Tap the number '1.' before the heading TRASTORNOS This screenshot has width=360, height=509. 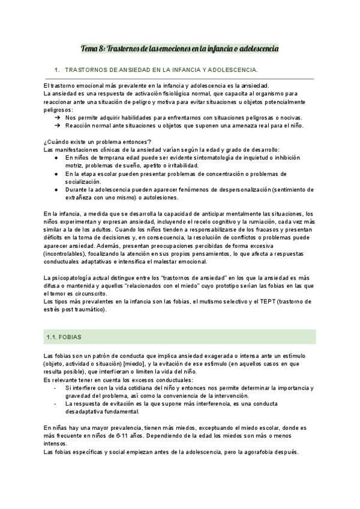56,70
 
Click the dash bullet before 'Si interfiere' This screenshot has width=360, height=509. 56,388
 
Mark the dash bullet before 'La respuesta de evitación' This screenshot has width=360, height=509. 56,404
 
